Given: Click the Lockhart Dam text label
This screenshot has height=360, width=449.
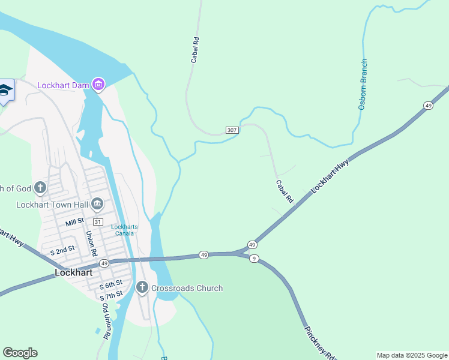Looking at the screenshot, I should (x=63, y=85).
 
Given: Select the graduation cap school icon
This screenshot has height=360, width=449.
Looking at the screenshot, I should (x=5, y=91).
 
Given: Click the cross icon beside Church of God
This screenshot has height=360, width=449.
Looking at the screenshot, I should (x=40, y=188).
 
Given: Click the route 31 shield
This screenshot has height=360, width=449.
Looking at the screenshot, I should (x=97, y=222).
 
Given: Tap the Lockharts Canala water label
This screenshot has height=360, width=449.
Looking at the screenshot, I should (x=124, y=230).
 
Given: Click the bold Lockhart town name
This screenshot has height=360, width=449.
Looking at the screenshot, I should (x=73, y=272).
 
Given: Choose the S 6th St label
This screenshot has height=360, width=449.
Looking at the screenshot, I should (x=111, y=283).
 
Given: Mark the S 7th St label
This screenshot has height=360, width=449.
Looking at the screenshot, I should (x=111, y=295).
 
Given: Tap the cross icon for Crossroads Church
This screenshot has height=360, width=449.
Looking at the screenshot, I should (x=142, y=288).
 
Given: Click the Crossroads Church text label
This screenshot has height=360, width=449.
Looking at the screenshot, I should (x=187, y=288).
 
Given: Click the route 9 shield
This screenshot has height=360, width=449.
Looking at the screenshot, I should (x=255, y=259).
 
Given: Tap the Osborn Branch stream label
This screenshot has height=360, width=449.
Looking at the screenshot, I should (x=363, y=84).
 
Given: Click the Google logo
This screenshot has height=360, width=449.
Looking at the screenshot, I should (x=20, y=353).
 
